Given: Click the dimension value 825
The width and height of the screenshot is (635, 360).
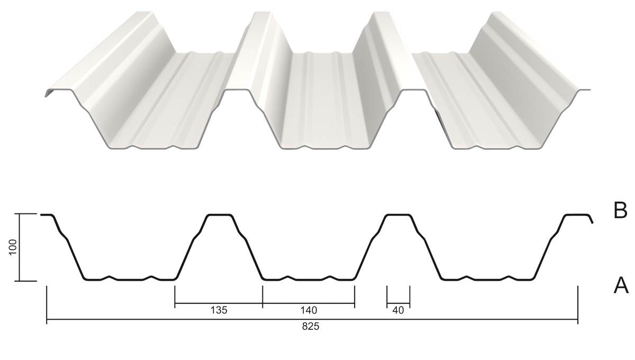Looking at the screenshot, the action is click(x=311, y=327).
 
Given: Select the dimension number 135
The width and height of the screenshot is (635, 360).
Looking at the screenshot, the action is click(x=219, y=310).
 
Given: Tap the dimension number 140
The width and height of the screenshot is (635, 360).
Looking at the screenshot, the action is click(x=309, y=310).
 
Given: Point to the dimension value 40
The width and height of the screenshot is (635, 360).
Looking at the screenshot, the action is click(x=398, y=310).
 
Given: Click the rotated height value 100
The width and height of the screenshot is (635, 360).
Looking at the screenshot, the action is click(x=13, y=247).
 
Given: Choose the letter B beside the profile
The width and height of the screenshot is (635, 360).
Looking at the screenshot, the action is click(x=620, y=211).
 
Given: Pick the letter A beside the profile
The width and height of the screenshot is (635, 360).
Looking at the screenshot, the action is click(x=621, y=285).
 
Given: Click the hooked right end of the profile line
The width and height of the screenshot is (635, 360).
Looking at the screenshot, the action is click(x=591, y=219).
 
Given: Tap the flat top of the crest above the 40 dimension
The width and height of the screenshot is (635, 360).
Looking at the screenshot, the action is click(x=398, y=215).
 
